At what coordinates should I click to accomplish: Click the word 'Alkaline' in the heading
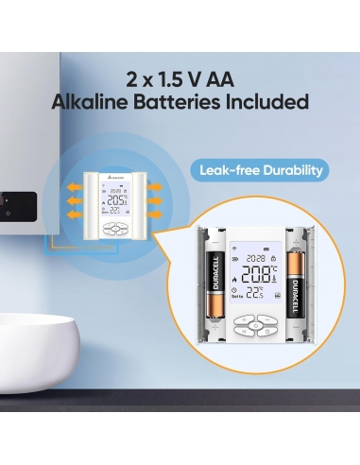[x=98, y=102]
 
